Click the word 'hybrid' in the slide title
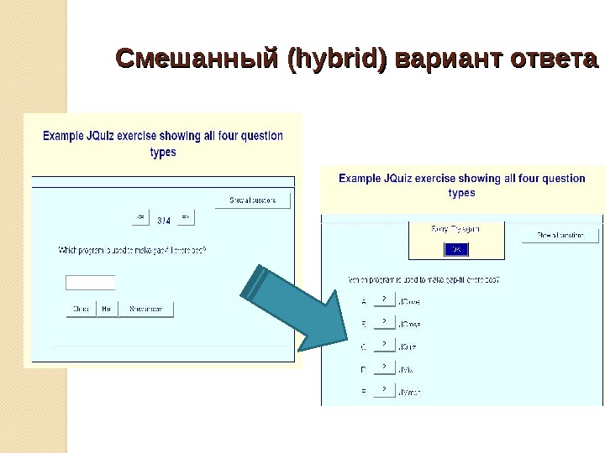(337, 60)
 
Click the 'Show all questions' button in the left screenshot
(252, 200)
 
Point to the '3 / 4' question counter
(163, 221)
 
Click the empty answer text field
(91, 283)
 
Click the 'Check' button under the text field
(81, 310)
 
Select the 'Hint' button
(107, 310)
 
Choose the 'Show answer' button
(146, 310)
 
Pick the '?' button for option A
(383, 299)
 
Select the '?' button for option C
(383, 345)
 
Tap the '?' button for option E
(383, 390)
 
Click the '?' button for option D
(383, 367)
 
